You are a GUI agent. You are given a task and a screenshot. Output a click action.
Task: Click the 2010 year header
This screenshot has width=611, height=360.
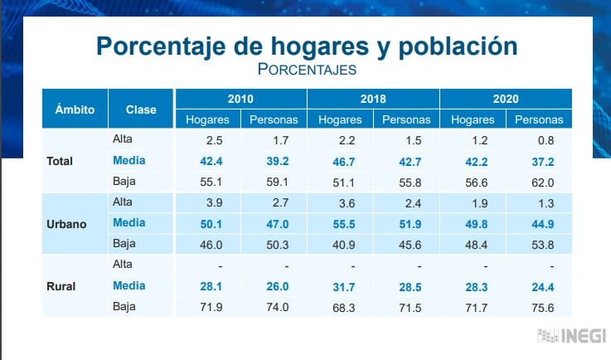240,99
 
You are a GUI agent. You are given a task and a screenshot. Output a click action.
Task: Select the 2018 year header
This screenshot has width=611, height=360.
373,99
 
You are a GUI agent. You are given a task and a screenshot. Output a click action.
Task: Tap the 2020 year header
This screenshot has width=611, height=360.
506,99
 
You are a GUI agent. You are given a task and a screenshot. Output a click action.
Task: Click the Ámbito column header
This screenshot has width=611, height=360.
75,109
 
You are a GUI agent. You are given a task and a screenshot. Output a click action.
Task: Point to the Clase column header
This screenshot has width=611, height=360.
141,109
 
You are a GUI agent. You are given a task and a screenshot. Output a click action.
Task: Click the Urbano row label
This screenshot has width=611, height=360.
67,223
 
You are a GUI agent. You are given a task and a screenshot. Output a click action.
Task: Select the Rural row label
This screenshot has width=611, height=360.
61,287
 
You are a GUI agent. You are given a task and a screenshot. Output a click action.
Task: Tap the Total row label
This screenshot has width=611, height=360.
60,160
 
